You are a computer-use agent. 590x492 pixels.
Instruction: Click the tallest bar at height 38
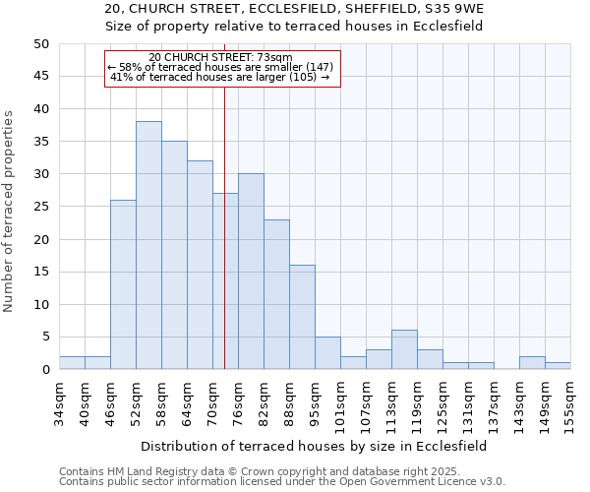coord(148,245)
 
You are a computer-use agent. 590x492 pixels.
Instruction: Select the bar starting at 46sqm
coord(123,284)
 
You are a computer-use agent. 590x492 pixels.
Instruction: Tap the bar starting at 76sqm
coord(251,272)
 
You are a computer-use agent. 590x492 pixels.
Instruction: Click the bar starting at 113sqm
coord(404,349)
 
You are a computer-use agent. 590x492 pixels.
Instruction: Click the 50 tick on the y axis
coord(41,44)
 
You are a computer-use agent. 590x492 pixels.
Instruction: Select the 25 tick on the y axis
coord(41,207)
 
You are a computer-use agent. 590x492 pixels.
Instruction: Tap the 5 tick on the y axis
coord(45,338)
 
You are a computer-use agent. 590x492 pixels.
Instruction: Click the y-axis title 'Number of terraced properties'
coord(10,212)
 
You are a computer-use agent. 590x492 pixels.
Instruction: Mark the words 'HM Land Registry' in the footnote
coord(143,471)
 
